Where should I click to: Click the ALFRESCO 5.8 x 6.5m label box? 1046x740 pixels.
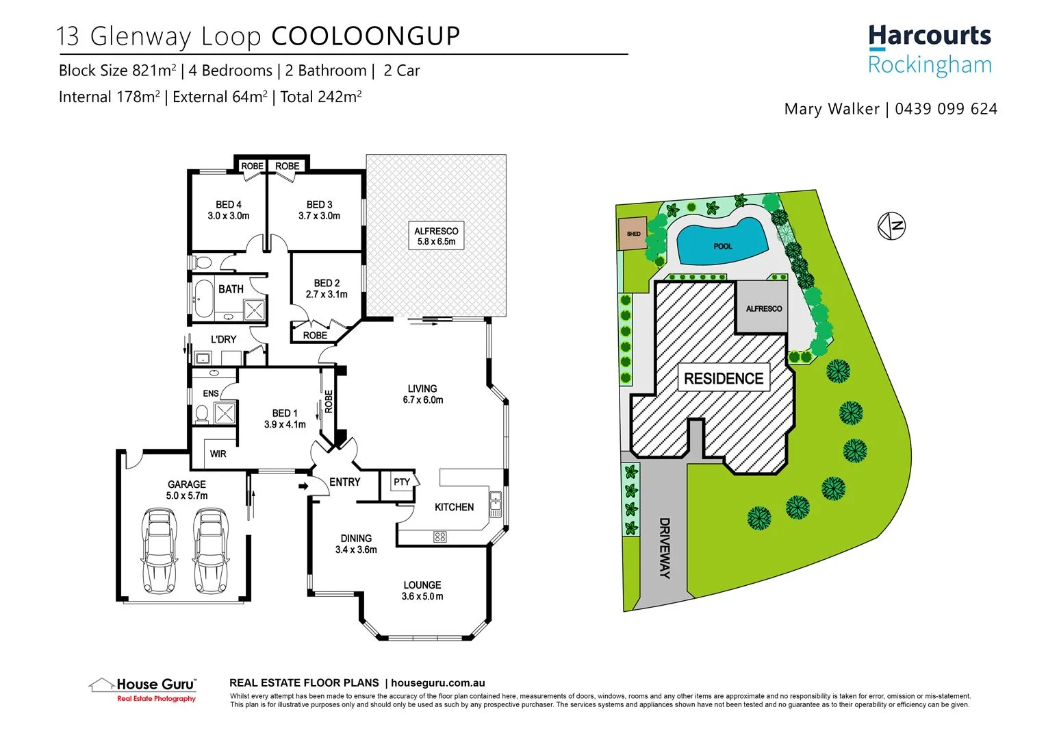point(436,236)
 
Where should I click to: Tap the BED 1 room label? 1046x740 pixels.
point(285,419)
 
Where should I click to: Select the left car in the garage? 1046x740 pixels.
point(158,550)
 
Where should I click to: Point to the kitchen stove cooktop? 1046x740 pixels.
point(440,536)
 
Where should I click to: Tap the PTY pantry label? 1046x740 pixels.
point(402,482)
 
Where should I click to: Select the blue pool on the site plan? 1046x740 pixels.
point(722,242)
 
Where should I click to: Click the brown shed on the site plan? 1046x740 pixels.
point(633,234)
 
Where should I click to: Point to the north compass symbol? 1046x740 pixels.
point(892,225)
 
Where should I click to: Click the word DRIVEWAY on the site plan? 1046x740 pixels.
point(665,547)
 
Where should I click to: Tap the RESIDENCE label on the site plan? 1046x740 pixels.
point(724,379)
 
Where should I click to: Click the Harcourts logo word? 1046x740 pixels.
point(929,36)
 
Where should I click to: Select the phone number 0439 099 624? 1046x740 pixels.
point(946,109)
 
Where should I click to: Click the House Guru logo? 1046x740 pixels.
point(142,688)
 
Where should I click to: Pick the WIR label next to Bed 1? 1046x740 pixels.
point(218,454)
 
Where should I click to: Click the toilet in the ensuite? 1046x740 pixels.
point(201,413)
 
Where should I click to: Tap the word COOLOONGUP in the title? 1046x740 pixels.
point(366,36)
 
